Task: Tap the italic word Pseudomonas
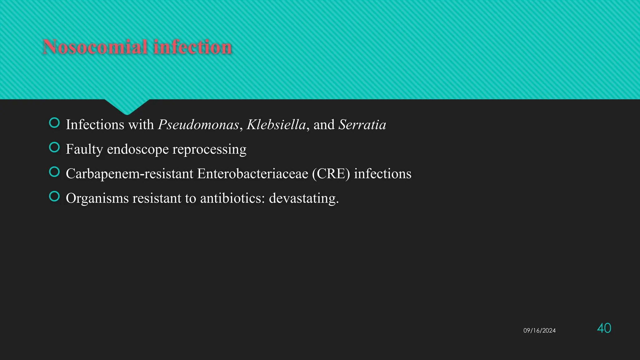198,125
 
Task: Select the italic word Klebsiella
276,125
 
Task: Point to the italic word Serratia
362,125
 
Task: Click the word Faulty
84,149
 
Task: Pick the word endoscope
138,149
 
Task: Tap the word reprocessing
209,149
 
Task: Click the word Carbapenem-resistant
129,174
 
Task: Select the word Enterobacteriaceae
252,174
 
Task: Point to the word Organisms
97,198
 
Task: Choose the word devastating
303,198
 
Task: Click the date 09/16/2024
539,331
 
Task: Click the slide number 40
604,328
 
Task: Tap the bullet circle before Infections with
54,123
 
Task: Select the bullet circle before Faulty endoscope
54,147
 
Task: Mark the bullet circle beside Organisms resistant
54,196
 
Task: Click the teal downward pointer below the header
127,106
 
